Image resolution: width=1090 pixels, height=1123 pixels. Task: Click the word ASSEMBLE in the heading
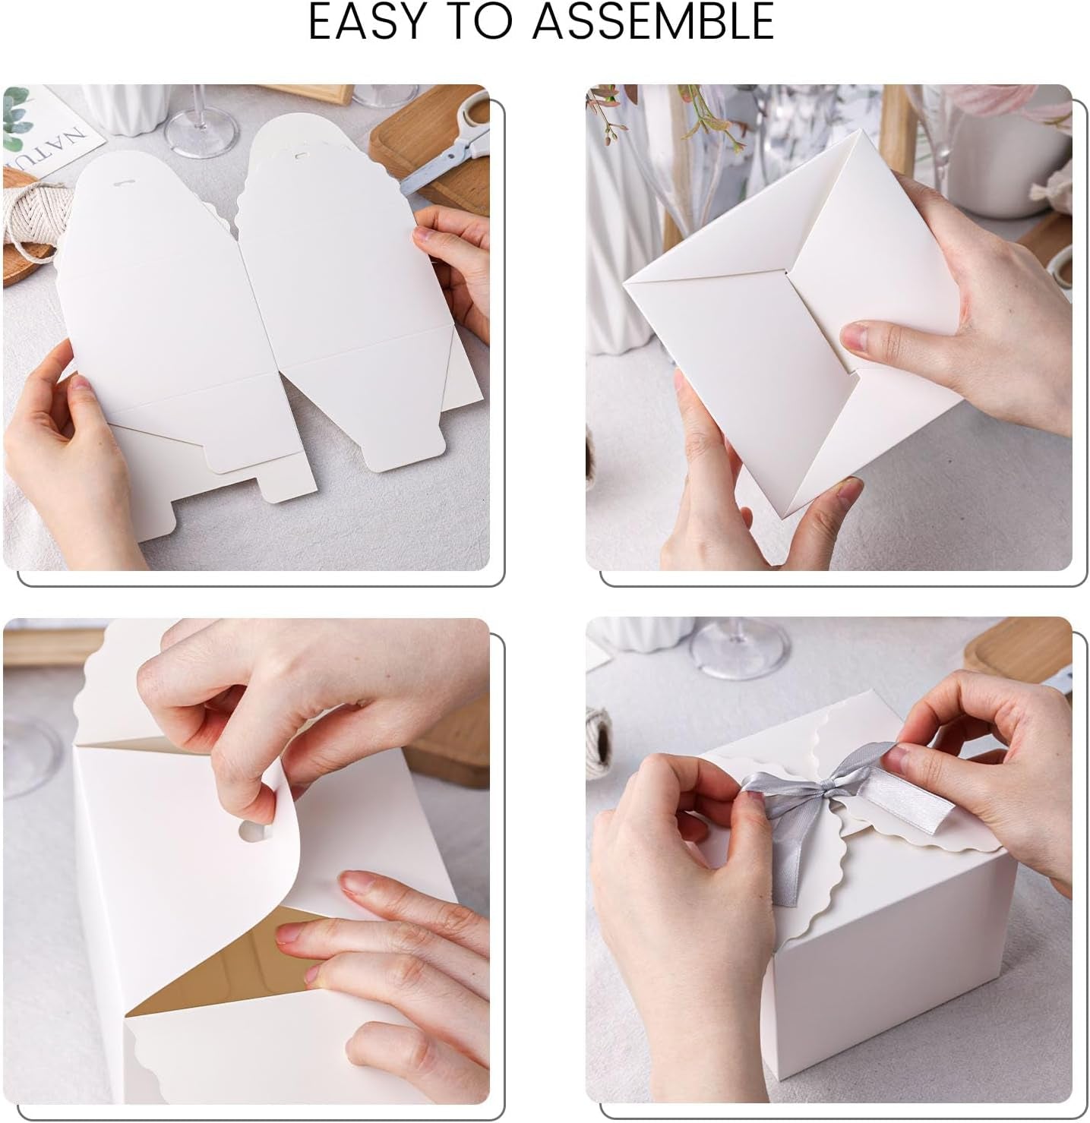(652, 23)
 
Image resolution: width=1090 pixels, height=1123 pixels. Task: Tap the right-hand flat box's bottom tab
(403, 452)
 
